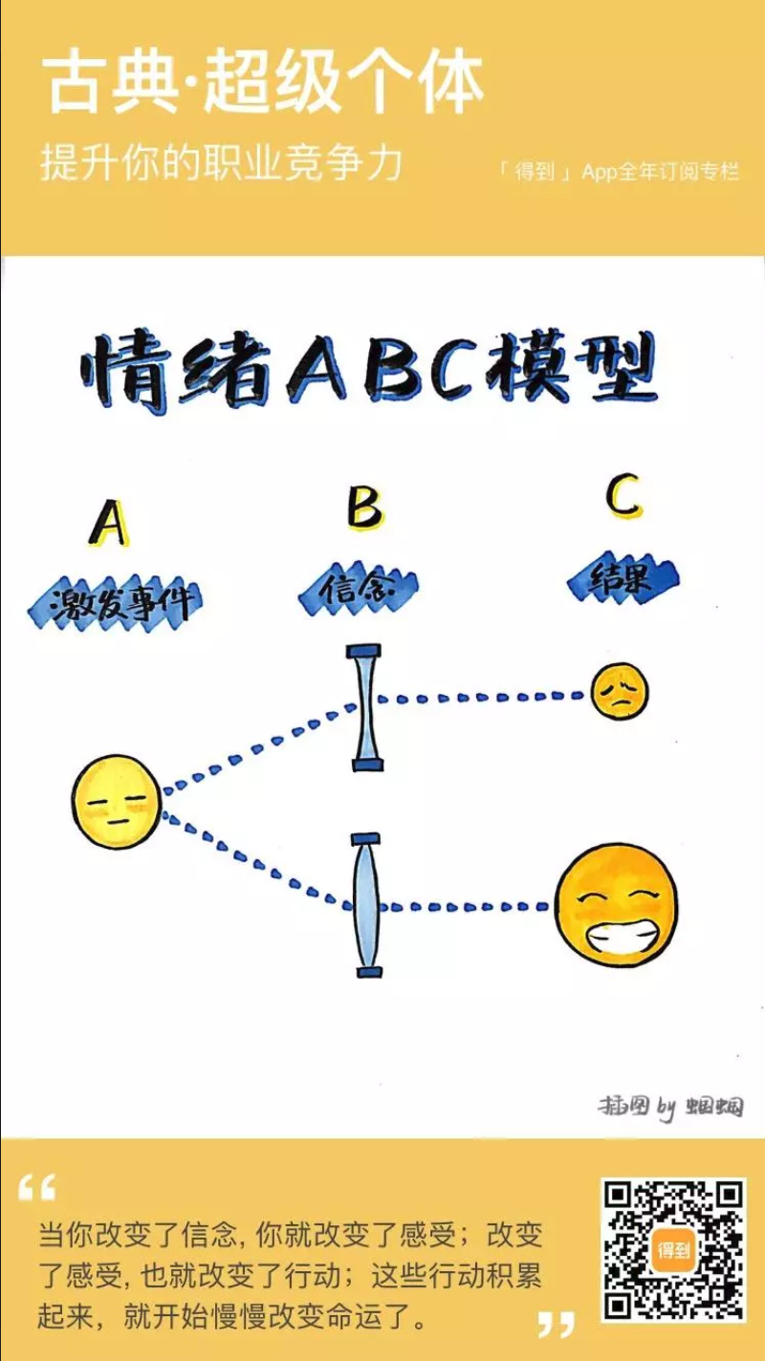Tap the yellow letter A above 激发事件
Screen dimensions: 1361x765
(109, 523)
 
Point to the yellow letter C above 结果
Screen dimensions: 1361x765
(623, 497)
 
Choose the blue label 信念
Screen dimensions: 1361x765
(358, 591)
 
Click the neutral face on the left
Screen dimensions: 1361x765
(117, 801)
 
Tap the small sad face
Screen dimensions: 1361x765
(619, 691)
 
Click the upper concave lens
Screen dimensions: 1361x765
(366, 707)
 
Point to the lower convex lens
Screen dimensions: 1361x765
(366, 905)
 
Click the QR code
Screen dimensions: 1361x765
(673, 1249)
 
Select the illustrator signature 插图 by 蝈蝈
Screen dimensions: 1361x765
(670, 1107)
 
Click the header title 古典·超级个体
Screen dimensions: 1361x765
(263, 83)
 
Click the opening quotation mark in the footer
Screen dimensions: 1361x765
(37, 1188)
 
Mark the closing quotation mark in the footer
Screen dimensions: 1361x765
(556, 1324)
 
